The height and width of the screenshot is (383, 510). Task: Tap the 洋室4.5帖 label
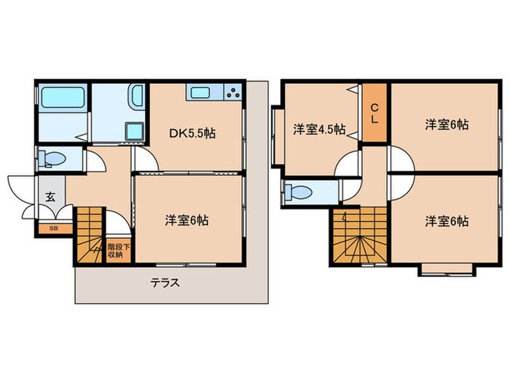pyautogui.click(x=319, y=130)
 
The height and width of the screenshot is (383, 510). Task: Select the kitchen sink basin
pyautogui.click(x=200, y=93)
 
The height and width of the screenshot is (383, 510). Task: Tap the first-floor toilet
pyautogui.click(x=55, y=158)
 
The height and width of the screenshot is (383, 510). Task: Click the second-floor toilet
pyautogui.click(x=301, y=193)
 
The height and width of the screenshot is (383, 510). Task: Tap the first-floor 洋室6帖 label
pyautogui.click(x=187, y=220)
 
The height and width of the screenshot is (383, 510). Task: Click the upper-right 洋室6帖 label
pyautogui.click(x=446, y=124)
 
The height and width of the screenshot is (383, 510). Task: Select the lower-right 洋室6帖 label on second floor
pyautogui.click(x=446, y=221)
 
